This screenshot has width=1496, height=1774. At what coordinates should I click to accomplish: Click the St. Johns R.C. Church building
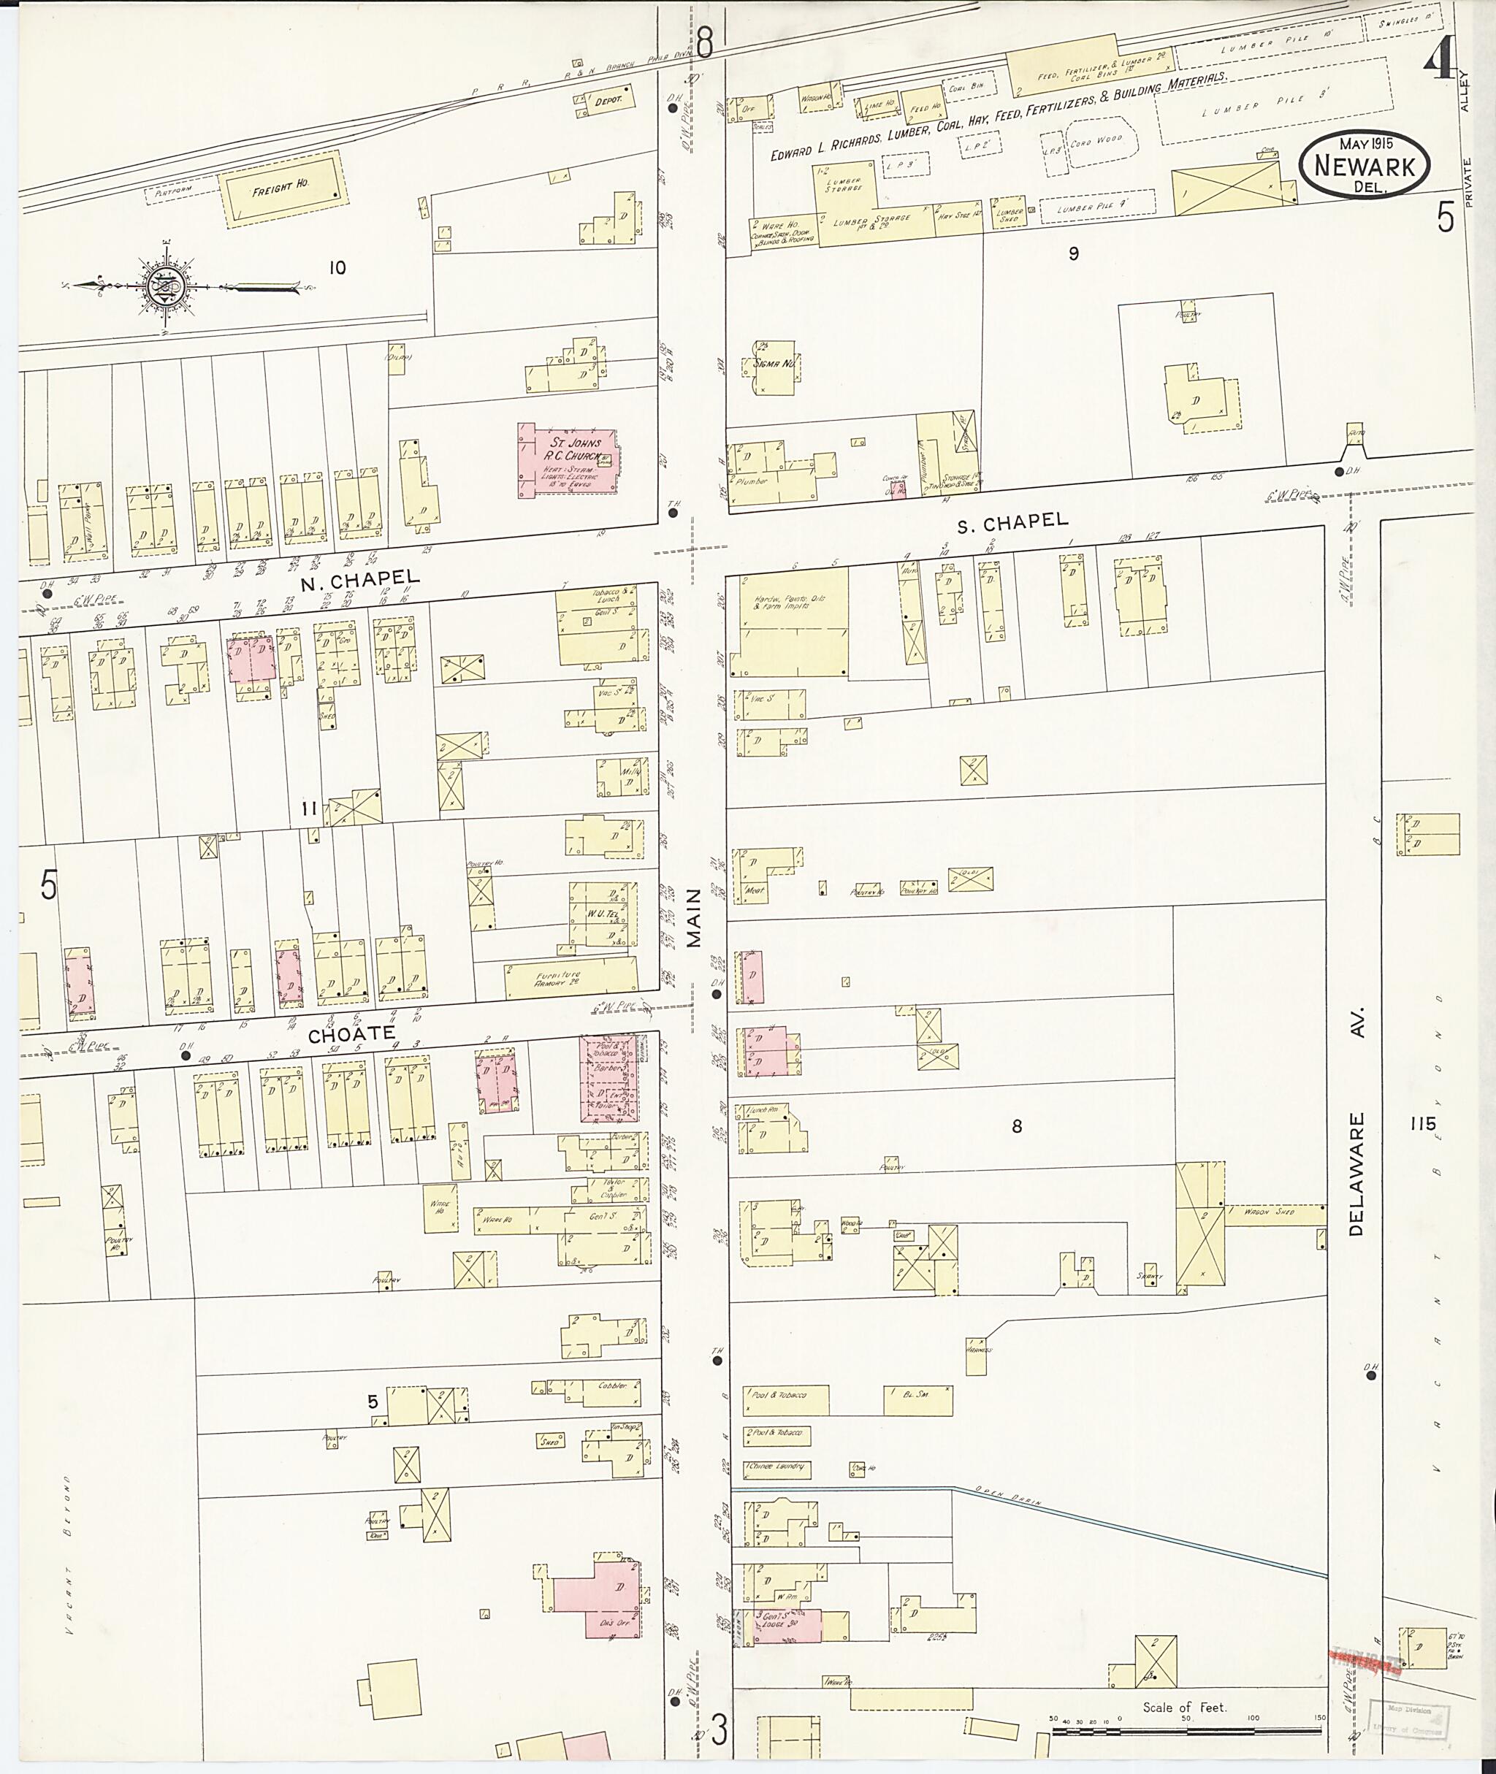click(x=568, y=460)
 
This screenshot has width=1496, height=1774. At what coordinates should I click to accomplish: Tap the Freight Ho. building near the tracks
click(x=284, y=188)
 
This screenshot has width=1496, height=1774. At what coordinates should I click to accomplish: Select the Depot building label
click(x=607, y=100)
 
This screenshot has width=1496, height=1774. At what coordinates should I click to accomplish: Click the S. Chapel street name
click(x=1012, y=521)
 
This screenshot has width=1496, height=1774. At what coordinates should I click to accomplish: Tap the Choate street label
click(x=351, y=1033)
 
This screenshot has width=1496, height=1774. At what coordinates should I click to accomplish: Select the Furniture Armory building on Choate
click(x=570, y=979)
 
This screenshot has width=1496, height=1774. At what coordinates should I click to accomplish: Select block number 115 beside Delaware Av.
click(x=1421, y=1123)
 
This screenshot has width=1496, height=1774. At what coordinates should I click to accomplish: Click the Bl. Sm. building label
click(x=917, y=1394)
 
